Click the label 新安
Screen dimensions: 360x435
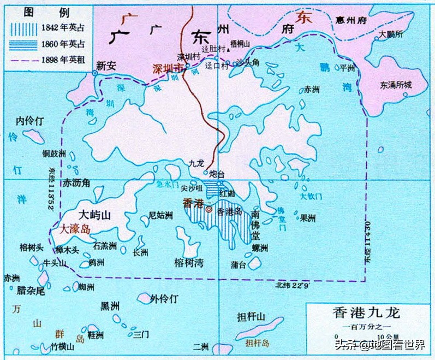pos(106,66)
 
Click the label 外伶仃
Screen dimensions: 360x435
pos(164,299)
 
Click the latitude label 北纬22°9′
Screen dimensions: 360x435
pos(293,285)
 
